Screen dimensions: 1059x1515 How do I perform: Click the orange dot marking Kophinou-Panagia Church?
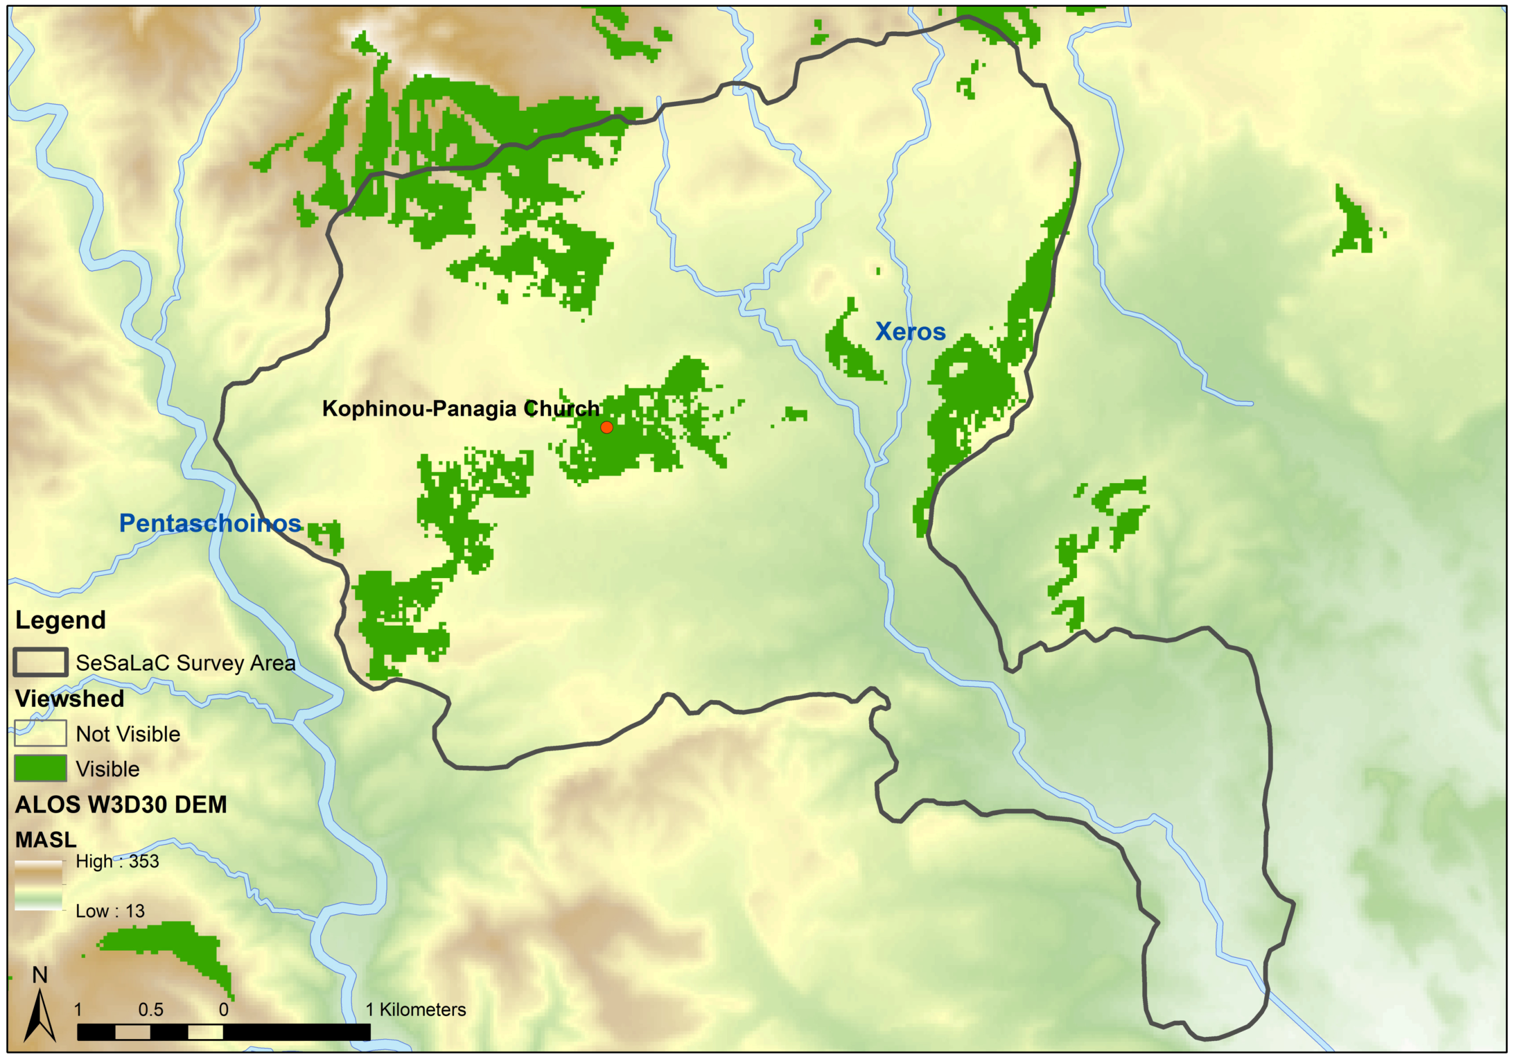606,427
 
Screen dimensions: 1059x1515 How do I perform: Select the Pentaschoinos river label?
210,523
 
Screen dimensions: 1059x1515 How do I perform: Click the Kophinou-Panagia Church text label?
461,409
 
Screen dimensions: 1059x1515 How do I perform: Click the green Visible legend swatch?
40,769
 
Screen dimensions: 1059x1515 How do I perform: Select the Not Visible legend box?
40,733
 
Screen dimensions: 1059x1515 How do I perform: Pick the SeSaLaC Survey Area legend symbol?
40,662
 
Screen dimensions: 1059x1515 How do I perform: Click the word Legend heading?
60,620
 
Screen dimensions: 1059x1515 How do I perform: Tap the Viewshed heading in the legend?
69,698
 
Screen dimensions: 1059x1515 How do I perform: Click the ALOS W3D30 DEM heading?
121,804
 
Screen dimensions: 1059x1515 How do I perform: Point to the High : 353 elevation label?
117,862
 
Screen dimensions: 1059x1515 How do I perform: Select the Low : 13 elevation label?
110,911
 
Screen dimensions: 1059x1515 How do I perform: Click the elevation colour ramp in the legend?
39,886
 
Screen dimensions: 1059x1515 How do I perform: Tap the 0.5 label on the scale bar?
150,1009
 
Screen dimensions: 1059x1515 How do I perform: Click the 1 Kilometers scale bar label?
416,1009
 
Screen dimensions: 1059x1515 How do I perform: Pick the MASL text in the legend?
46,840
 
